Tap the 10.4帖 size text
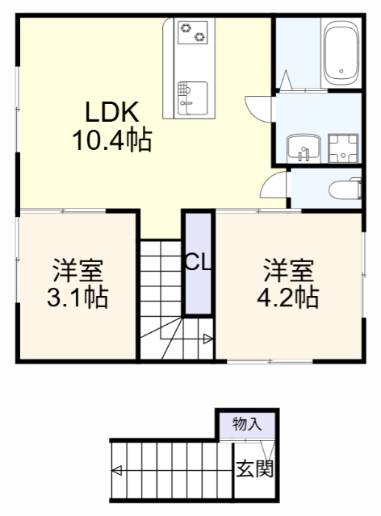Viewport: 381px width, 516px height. pyautogui.click(x=112, y=141)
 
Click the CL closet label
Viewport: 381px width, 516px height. pyautogui.click(x=197, y=261)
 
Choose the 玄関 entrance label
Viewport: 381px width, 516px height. pyautogui.click(x=253, y=468)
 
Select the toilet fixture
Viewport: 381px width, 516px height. pyautogui.click(x=344, y=190)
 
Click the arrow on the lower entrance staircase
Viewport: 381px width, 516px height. pyautogui.click(x=118, y=470)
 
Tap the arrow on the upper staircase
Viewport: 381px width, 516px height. pyautogui.click(x=208, y=339)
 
